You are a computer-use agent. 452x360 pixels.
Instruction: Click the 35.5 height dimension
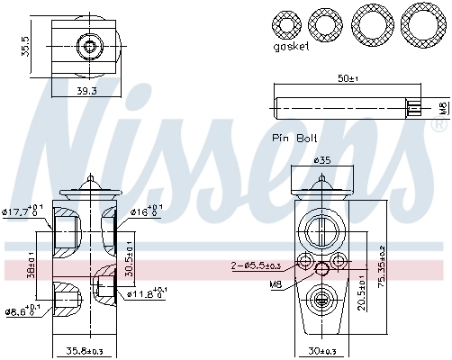pyautogui.click(x=26, y=46)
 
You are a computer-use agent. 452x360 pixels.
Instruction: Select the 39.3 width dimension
pyautogui.click(x=86, y=90)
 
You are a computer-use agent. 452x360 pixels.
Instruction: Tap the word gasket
pyautogui.click(x=294, y=45)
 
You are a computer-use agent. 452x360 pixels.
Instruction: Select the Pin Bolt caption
pyautogui.click(x=294, y=139)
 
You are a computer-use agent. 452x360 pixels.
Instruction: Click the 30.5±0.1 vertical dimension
pyautogui.click(x=128, y=258)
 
